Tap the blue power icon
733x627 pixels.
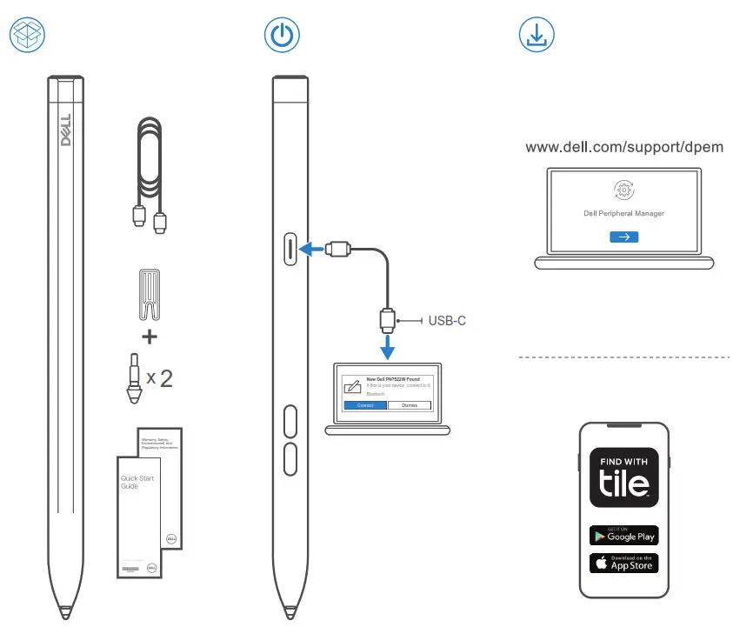tap(282, 34)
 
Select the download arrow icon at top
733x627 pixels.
tap(536, 34)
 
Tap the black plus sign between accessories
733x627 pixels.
tap(150, 337)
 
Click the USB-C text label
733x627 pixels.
tap(448, 321)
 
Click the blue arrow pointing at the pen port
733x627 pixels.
tap(310, 250)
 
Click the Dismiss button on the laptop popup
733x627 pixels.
tap(409, 405)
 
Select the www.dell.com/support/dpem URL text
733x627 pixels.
tap(624, 148)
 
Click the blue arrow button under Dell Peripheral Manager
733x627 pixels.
tap(624, 237)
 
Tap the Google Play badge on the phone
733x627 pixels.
tap(623, 535)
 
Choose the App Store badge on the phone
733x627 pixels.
tap(623, 563)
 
